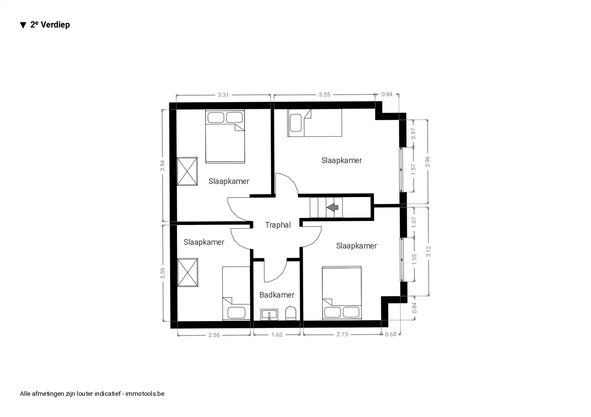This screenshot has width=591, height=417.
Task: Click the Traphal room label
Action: tap(278, 225)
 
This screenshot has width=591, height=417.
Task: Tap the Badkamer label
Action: tap(277, 295)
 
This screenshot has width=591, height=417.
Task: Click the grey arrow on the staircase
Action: tap(332, 207)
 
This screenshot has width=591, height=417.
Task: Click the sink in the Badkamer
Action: tap(269, 315)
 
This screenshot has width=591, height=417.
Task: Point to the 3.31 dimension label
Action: tap(223, 95)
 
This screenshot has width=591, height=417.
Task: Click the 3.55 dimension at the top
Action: tap(324, 95)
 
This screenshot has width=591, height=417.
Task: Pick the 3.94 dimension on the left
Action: tap(163, 165)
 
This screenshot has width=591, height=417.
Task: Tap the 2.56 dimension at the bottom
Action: tap(214, 335)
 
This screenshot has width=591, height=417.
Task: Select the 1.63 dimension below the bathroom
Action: tap(277, 335)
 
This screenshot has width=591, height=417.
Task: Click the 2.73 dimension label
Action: tap(342, 334)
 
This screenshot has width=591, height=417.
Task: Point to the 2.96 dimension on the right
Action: tap(428, 162)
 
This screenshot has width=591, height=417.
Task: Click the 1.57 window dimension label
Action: tap(413, 170)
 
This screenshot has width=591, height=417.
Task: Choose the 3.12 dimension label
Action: tap(428, 251)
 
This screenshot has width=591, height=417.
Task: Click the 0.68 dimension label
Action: tap(391, 334)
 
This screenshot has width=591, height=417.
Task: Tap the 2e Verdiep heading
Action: tap(50, 25)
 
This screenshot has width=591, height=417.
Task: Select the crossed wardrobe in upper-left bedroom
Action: tap(187, 171)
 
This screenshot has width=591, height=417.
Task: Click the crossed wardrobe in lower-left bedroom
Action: tap(188, 272)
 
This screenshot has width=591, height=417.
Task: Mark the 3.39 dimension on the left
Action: tap(163, 273)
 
